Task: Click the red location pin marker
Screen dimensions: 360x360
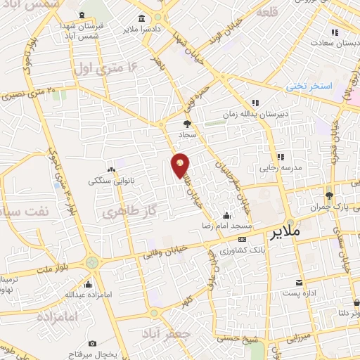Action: [x=181, y=165]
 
